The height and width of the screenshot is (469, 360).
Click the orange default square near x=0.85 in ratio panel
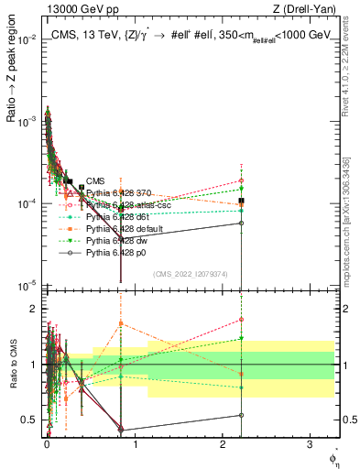[x=121, y=323]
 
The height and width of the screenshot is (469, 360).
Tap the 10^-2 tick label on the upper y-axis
[x=27, y=40]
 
